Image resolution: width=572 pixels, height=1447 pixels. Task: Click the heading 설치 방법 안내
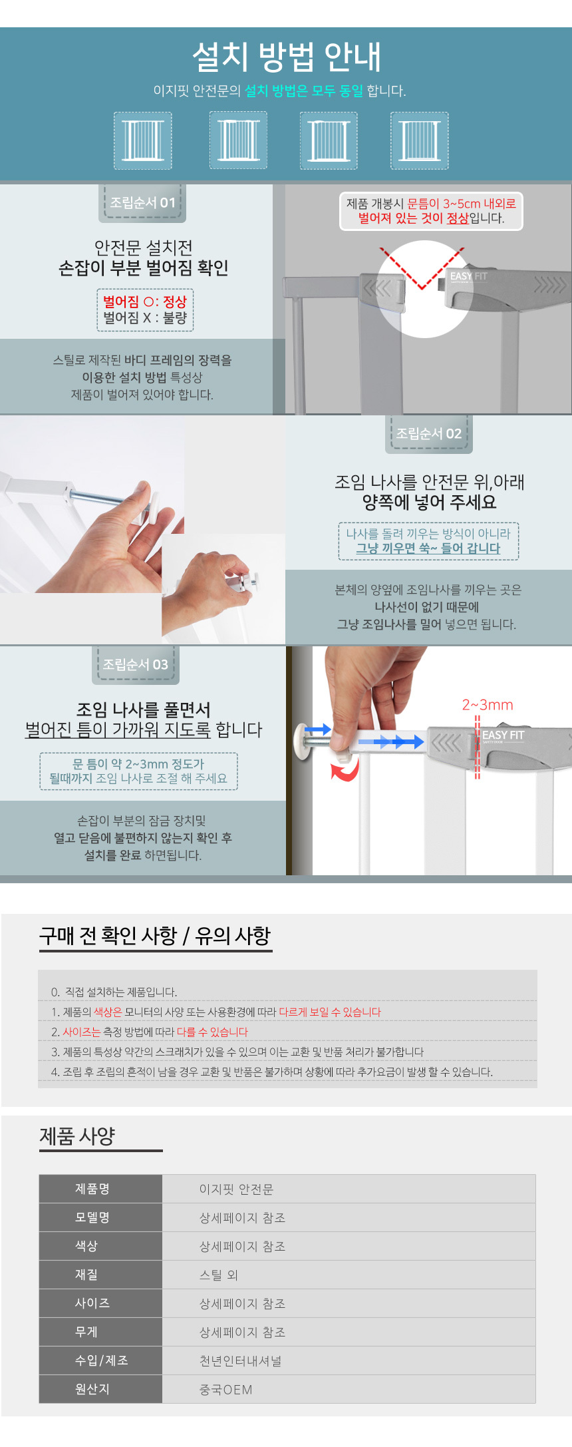(x=287, y=57)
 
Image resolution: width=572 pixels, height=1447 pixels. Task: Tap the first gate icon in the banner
(x=143, y=140)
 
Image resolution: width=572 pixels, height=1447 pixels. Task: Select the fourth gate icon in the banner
(x=419, y=140)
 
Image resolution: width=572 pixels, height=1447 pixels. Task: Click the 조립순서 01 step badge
(x=142, y=202)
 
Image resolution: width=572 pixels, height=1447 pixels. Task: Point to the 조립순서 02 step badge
(x=429, y=433)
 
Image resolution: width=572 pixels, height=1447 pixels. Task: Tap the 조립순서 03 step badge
(x=136, y=664)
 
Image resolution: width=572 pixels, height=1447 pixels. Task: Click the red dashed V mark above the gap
(x=422, y=268)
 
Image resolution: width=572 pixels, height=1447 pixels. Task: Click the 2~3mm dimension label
(x=488, y=705)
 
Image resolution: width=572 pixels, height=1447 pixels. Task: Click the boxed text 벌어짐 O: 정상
(x=145, y=302)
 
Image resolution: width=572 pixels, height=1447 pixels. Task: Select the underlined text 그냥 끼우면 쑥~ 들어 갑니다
(x=428, y=548)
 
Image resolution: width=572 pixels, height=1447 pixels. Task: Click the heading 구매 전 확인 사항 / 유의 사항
(x=155, y=935)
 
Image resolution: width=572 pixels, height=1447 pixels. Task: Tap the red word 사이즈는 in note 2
(x=81, y=1032)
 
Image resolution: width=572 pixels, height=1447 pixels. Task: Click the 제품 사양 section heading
(x=77, y=1136)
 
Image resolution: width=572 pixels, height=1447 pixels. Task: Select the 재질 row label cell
(x=100, y=1275)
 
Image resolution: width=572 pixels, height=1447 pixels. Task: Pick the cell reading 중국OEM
(x=226, y=1390)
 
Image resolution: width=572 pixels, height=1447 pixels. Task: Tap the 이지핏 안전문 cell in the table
(x=236, y=1189)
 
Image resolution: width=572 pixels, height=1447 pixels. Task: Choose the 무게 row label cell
(x=100, y=1332)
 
